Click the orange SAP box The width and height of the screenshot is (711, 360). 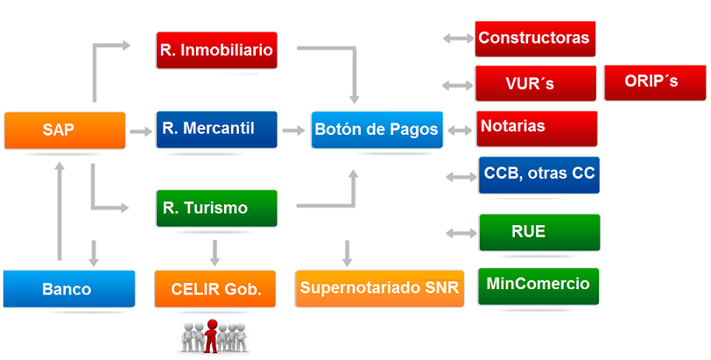[65, 131]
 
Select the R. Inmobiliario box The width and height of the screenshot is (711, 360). [216, 50]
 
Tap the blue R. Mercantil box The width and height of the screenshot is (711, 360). [216, 129]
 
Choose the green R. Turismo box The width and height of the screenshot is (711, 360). [216, 208]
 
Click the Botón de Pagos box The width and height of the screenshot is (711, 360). [377, 130]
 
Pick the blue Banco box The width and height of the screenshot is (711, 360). [68, 289]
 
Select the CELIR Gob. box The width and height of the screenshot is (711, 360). [215, 289]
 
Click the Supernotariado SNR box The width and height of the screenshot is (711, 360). [379, 288]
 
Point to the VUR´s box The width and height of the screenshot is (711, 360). [535, 84]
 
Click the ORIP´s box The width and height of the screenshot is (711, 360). [652, 81]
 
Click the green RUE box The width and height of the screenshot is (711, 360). [539, 232]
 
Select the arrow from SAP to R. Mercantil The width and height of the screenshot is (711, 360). [140, 132]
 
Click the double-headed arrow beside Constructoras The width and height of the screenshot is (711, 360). [458, 39]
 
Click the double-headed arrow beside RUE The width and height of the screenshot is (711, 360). [461, 233]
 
